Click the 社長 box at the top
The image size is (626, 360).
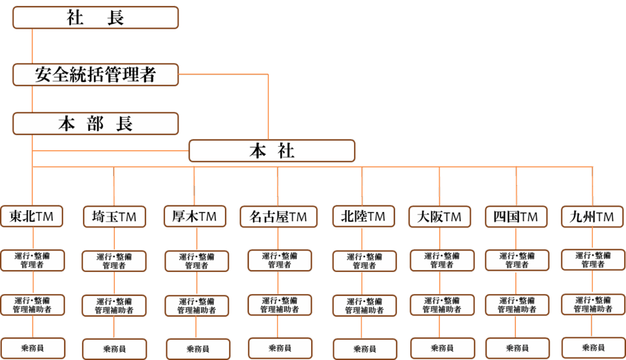[95, 18]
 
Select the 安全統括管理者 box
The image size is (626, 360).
[95, 75]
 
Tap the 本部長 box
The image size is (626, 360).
[95, 123]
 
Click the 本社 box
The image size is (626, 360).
[271, 151]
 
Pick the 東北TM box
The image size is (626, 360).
[32, 216]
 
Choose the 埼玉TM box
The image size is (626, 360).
[114, 216]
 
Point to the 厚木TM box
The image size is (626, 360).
[194, 216]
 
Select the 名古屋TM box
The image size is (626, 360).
[278, 217]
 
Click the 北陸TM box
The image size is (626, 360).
[363, 216]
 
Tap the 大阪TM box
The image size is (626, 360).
[440, 216]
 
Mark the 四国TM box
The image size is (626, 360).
[516, 216]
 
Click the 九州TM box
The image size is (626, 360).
[592, 216]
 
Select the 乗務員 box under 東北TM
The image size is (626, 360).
[32, 348]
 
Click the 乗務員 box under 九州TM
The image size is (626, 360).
[592, 347]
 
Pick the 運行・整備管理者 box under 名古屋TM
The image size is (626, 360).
[279, 260]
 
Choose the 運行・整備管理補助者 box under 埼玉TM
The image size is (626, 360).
[114, 306]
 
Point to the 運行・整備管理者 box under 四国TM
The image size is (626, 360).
[517, 260]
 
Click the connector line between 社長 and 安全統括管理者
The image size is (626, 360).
[32, 46]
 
